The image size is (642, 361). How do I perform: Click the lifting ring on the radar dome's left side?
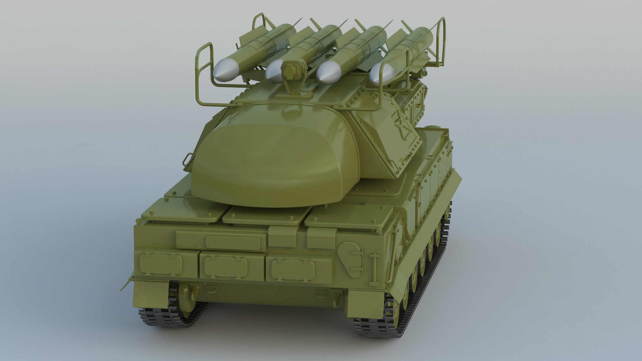188,158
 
